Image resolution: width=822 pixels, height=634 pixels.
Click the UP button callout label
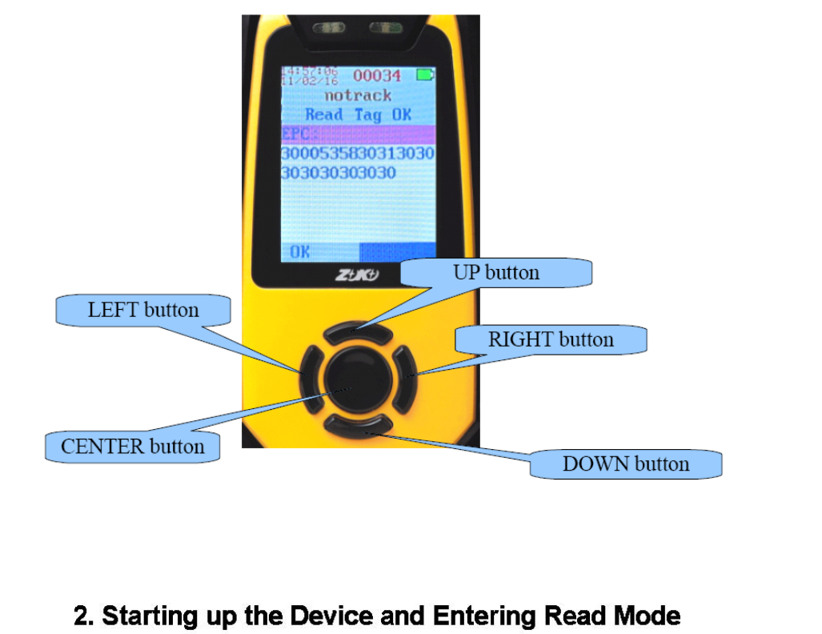click(496, 273)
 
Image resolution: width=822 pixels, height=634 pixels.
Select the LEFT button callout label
click(143, 311)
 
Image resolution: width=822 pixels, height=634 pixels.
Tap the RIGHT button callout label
click(551, 340)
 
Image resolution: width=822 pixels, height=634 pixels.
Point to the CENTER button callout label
click(133, 447)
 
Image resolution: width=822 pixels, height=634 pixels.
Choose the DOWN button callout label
click(626, 464)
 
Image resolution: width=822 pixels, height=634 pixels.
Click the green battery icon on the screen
click(424, 75)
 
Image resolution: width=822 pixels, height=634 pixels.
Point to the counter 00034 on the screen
click(377, 76)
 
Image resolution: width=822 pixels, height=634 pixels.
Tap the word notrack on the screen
click(358, 95)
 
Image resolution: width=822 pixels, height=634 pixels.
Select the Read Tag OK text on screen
click(358, 114)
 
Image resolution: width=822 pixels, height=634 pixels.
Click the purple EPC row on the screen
click(358, 134)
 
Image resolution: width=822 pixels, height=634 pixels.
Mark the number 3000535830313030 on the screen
click(358, 153)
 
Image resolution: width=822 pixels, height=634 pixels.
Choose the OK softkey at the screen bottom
click(300, 252)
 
